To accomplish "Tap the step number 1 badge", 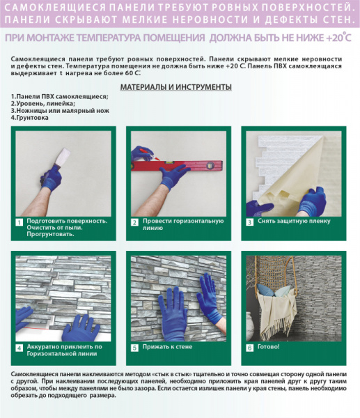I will tap(20, 222).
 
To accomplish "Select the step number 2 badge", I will tap(134, 222).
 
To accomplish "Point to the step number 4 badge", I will tap(20, 347).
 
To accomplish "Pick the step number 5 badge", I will tap(134, 347).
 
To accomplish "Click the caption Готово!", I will tap(268, 346).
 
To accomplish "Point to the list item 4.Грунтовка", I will tap(30, 118).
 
